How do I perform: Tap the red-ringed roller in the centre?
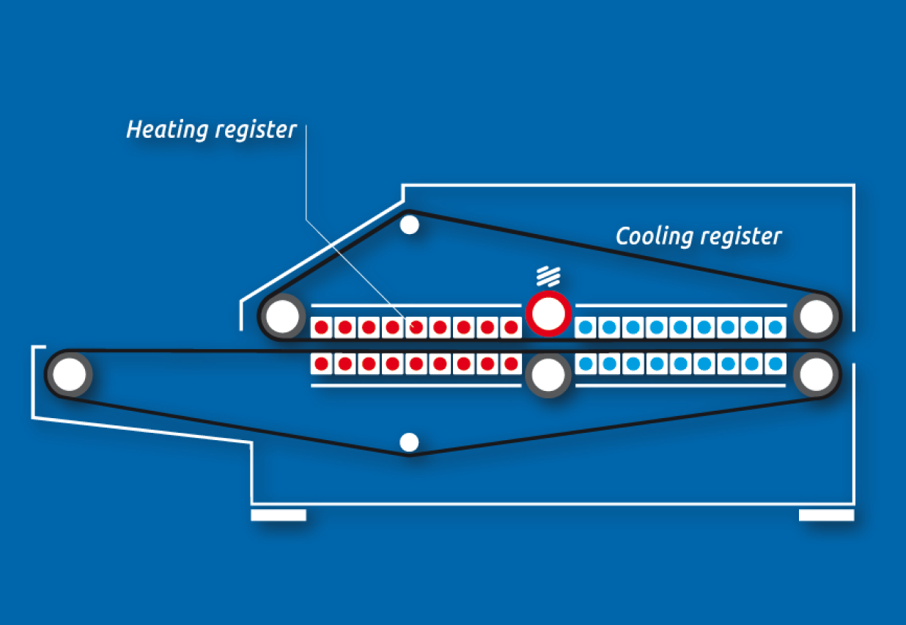(548, 314)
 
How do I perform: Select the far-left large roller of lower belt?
(70, 374)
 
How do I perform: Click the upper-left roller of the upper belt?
(282, 316)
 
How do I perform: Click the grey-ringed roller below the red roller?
(548, 376)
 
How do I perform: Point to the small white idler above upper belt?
(410, 224)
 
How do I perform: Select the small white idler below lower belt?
(409, 442)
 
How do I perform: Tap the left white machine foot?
(278, 515)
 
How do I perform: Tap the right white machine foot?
(826, 515)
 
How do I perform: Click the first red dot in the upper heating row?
(321, 327)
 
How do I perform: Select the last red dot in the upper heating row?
(511, 327)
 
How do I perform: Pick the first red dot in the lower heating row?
(321, 362)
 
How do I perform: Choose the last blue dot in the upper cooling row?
(774, 327)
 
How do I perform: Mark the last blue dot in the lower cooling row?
(774, 362)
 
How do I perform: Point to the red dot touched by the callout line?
(416, 327)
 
